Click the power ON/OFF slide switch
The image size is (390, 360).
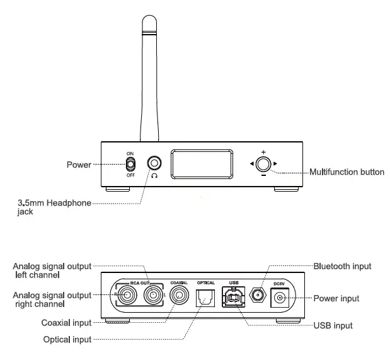tap(130, 164)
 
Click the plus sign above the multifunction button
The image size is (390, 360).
tap(263, 152)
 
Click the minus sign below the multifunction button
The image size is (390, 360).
tap(263, 176)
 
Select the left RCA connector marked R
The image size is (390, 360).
tap(124, 294)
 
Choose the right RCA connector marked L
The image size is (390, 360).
tap(153, 294)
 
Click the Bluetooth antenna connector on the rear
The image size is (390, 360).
tap(257, 294)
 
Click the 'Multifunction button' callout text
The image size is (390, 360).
tap(346, 172)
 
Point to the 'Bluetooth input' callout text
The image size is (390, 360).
tap(342, 266)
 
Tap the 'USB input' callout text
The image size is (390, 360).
tap(333, 325)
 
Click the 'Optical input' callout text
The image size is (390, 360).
tap(67, 340)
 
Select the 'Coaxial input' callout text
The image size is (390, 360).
tap(66, 323)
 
